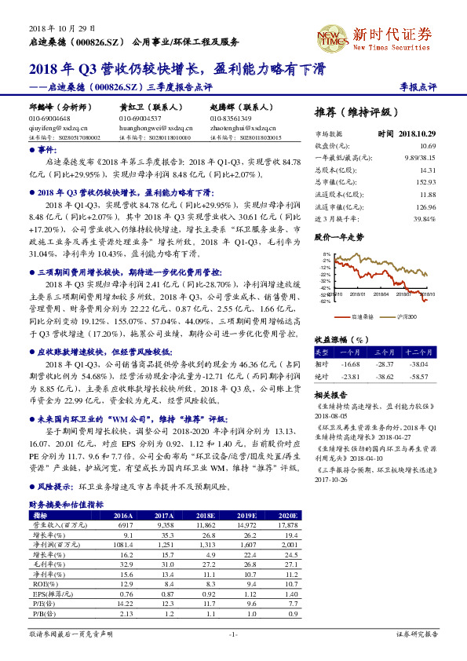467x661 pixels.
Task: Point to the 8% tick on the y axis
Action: [x=326, y=255]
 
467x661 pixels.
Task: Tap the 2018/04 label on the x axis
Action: [x=380, y=294]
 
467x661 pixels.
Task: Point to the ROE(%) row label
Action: [x=41, y=582]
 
